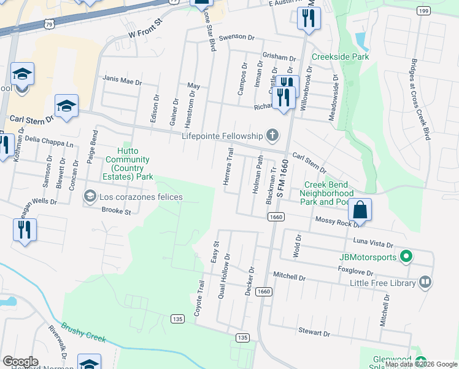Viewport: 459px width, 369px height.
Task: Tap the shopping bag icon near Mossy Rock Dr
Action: pos(360,210)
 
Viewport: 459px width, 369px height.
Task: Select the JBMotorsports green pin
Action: pos(405,256)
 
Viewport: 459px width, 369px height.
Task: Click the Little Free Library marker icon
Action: pos(425,282)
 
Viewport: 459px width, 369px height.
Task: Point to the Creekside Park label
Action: pos(340,57)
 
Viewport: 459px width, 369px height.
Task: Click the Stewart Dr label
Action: pos(314,332)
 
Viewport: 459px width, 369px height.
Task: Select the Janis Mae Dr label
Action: pos(123,81)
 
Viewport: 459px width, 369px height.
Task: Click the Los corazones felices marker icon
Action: pos(90,197)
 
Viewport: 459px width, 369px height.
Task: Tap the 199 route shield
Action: pos(422,10)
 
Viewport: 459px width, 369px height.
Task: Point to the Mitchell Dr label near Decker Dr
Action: pos(289,277)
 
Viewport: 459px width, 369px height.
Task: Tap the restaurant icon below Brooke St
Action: pos(25,229)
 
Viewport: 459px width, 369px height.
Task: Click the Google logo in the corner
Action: pos(21,362)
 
